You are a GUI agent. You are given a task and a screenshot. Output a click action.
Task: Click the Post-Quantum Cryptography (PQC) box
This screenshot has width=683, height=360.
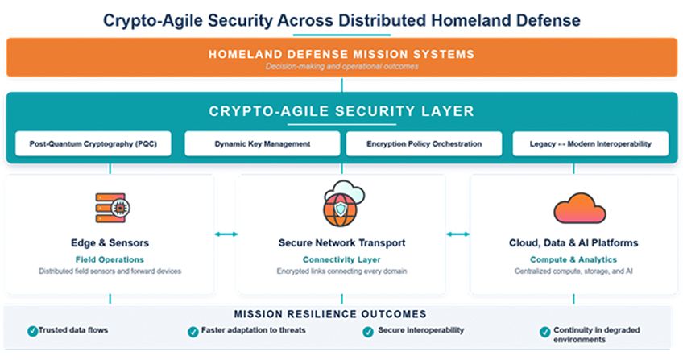pos(93,143)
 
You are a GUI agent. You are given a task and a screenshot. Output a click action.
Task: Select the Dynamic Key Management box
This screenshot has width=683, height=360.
pos(263,143)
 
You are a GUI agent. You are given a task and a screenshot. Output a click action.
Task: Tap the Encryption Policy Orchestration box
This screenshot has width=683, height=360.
pos(424,143)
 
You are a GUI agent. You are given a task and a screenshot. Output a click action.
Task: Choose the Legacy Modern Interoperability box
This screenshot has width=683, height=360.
pos(590,143)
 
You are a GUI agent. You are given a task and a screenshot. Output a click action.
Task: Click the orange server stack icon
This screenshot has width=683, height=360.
pos(113,208)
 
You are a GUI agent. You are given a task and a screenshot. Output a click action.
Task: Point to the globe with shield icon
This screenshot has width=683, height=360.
pos(343,204)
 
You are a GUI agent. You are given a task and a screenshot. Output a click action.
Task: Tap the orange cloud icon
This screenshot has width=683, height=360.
pos(579,209)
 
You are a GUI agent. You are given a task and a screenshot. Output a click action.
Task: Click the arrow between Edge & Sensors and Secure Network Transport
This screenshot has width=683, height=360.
pos(226,234)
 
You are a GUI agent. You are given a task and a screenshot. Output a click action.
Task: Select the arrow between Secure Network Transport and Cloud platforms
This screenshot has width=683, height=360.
pos(458,234)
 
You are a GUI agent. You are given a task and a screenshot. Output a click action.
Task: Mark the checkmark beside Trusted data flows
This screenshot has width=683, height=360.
pos(32,331)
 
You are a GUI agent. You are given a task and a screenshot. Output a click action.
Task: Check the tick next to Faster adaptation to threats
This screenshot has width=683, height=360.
pos(193,332)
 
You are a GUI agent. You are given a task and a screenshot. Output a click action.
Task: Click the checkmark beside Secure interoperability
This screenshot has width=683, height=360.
pos(368,332)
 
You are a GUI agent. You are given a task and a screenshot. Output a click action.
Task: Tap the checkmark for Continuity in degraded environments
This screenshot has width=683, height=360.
pos(545,332)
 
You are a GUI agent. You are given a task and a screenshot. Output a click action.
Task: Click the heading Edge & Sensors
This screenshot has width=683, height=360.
pos(110,243)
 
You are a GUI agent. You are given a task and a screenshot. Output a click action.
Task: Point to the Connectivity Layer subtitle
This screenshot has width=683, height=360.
pos(341,259)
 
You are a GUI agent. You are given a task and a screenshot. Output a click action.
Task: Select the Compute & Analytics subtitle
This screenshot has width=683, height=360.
pos(573,259)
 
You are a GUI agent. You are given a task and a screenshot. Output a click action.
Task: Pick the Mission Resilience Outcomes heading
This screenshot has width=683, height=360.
pos(330,314)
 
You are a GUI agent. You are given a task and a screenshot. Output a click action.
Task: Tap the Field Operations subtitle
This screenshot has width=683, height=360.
pos(110,259)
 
